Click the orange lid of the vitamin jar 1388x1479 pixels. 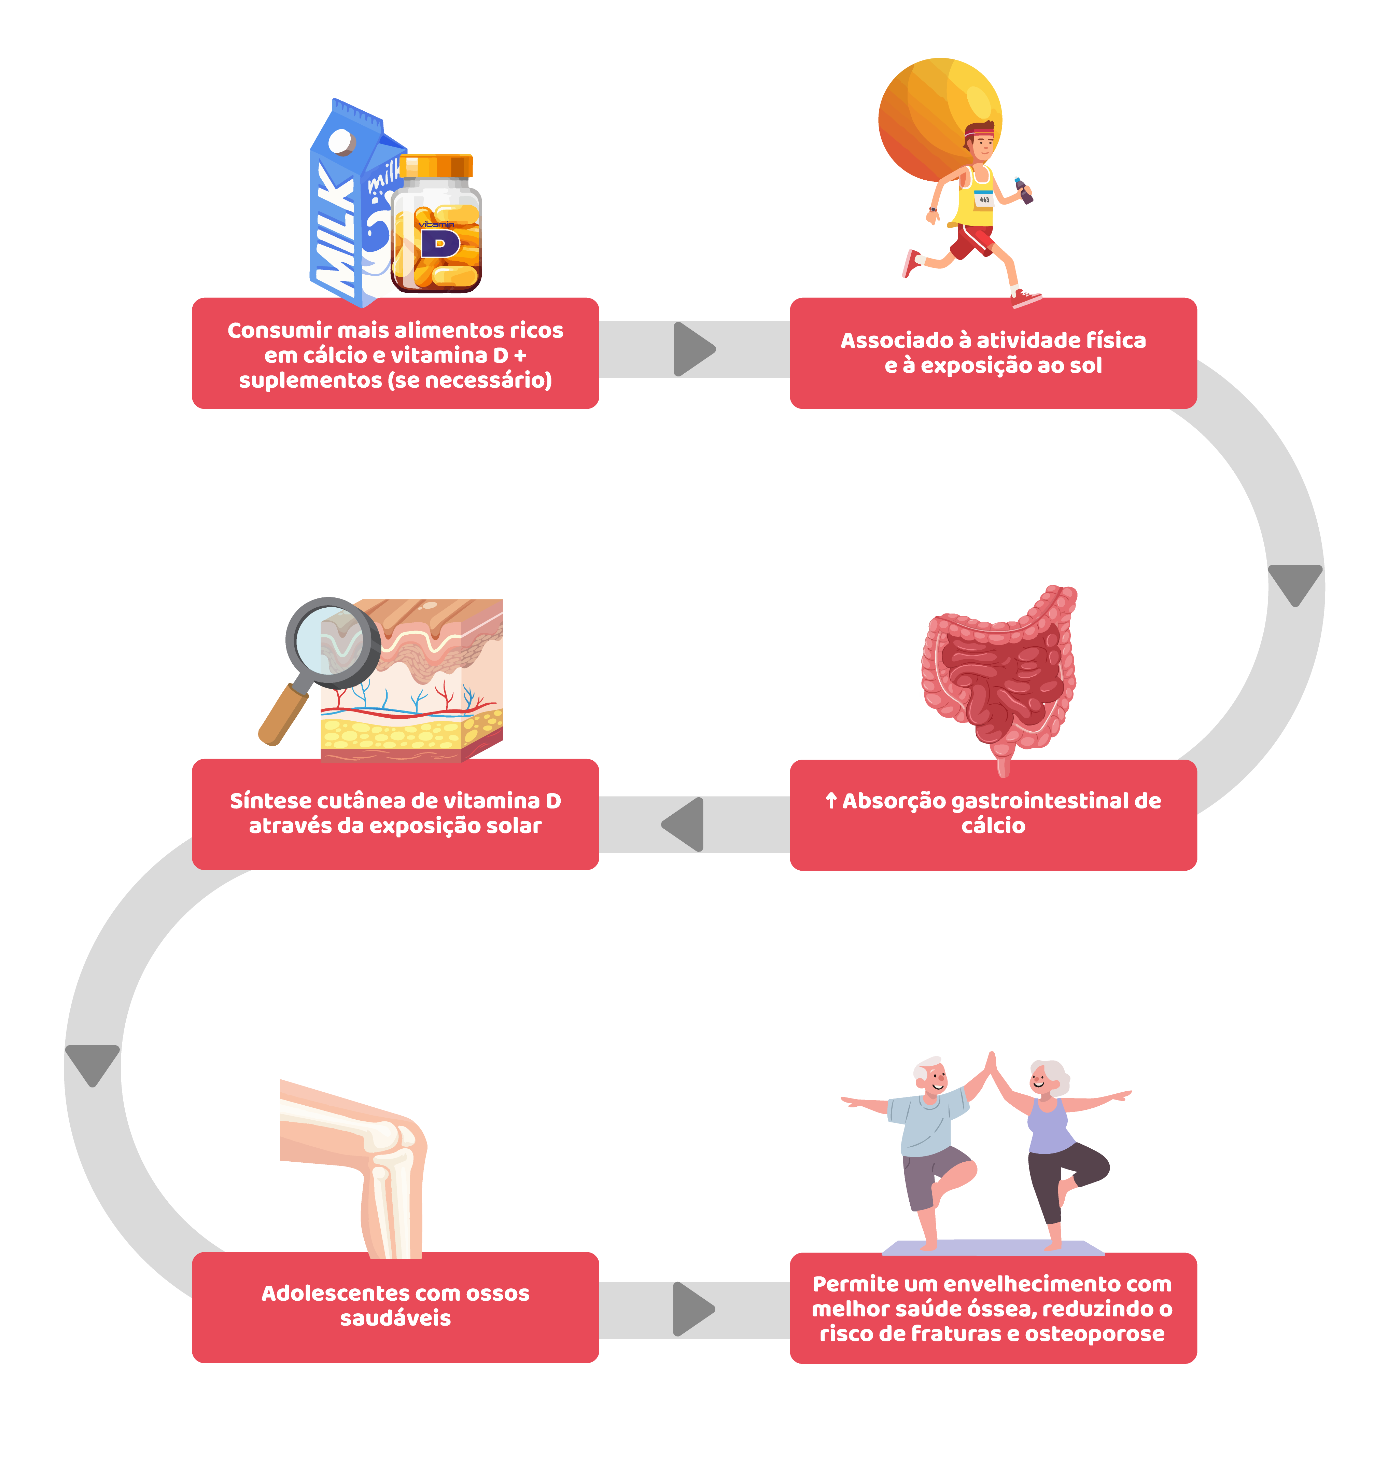pyautogui.click(x=436, y=165)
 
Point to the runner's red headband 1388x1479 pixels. pyautogui.click(x=980, y=134)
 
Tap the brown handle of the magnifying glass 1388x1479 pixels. pyautogui.click(x=283, y=714)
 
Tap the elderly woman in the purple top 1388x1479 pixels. pyautogui.click(x=1049, y=1138)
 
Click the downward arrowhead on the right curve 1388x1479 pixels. pyautogui.click(x=1295, y=582)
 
